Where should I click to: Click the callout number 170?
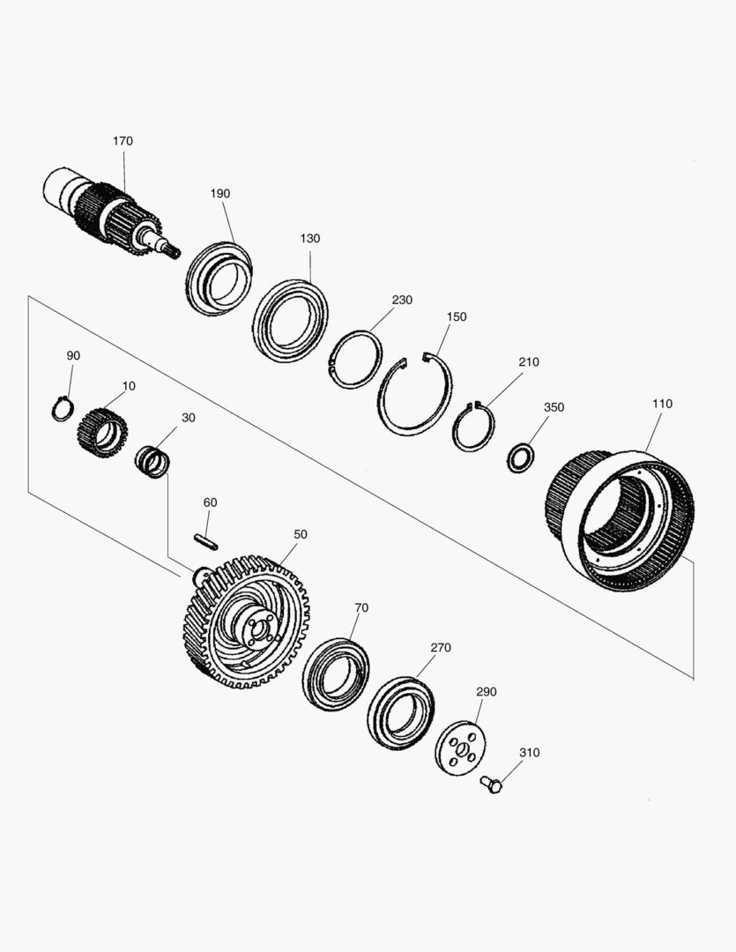click(123, 141)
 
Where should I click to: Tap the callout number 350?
click(554, 406)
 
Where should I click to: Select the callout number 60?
click(210, 502)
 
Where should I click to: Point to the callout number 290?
click(486, 692)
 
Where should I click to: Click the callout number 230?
click(402, 300)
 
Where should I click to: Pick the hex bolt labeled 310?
click(491, 785)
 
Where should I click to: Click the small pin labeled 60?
click(206, 541)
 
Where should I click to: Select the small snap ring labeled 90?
click(63, 409)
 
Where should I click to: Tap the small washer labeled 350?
click(520, 458)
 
